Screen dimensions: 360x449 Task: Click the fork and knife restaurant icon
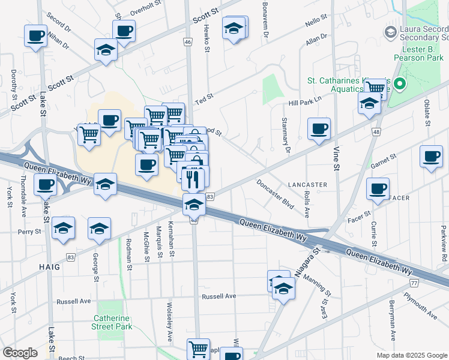[x=193, y=178]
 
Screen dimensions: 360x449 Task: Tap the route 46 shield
[x=188, y=42]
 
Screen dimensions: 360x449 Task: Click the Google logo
[x=20, y=352]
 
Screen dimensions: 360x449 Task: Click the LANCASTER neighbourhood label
[x=307, y=185]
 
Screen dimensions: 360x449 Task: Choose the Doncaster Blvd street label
[x=275, y=194]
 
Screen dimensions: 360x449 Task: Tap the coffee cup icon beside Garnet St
[x=430, y=156]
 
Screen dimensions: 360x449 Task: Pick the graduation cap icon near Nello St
[x=234, y=27]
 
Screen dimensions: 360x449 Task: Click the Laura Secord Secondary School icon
[x=391, y=31]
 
